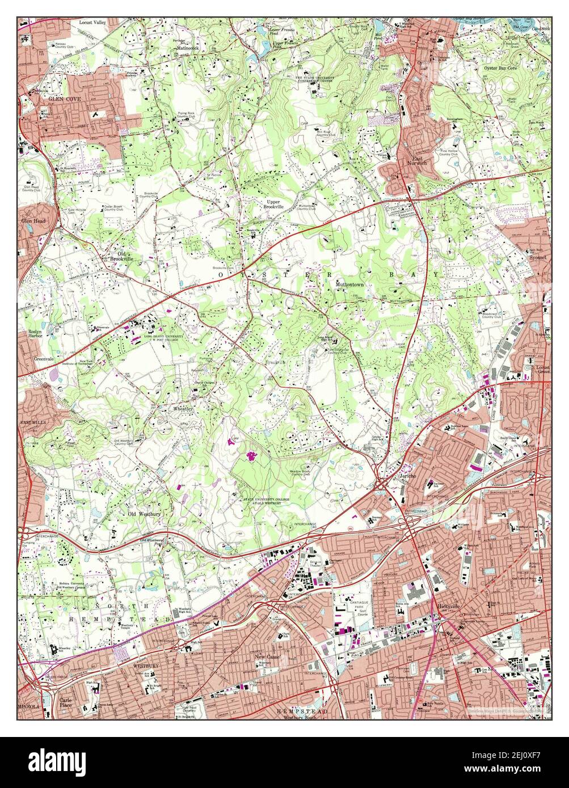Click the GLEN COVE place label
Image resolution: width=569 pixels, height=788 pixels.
[65, 99]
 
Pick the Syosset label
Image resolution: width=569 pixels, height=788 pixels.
[538, 256]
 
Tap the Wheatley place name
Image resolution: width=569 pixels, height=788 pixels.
[183, 408]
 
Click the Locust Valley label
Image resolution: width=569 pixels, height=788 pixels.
[92, 22]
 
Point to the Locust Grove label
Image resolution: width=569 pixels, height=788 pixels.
[543, 370]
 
